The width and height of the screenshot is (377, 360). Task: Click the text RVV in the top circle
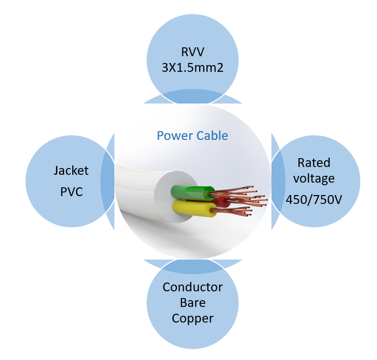coord(192,52)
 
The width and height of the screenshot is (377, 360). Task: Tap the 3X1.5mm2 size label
coord(192,67)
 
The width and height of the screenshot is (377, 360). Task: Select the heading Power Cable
coord(192,136)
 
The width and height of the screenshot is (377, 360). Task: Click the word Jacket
coord(71,171)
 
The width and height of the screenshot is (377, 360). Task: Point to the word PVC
coord(71,192)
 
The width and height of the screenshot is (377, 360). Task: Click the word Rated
coord(314,163)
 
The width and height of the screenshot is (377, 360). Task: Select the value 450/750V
coord(314,199)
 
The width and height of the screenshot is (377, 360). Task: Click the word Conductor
coord(192,287)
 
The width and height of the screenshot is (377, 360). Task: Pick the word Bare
coord(192,303)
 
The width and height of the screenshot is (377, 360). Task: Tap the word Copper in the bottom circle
coord(192,318)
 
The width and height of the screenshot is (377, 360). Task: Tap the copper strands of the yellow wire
coord(234,211)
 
